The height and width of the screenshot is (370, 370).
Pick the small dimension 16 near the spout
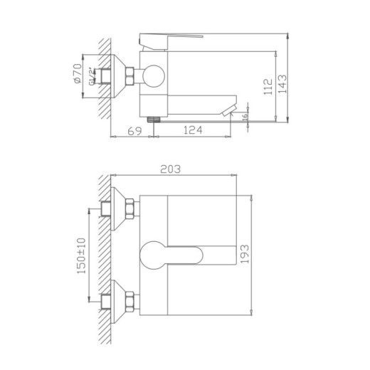click(244, 116)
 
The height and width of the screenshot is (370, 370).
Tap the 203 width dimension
click(171, 169)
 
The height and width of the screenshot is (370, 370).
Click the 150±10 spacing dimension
click(83, 255)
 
